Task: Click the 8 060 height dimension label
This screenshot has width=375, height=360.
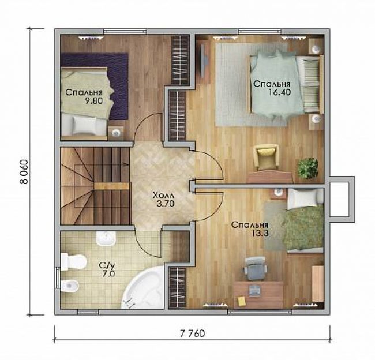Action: [24, 171]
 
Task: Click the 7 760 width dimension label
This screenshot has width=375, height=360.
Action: [192, 333]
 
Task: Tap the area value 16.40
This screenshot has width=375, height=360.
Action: [279, 92]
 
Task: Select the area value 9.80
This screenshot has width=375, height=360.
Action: [94, 100]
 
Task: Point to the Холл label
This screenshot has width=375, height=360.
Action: [164, 196]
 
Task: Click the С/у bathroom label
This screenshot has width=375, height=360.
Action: [107, 265]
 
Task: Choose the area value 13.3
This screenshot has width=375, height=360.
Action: [260, 233]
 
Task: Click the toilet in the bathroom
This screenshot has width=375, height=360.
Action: [73, 262]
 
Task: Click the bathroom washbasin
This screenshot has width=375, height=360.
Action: [106, 238]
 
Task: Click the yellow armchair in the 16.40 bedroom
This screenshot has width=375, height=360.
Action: [266, 157]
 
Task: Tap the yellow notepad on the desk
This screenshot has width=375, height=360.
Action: [241, 301]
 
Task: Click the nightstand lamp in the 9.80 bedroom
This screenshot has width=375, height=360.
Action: [116, 133]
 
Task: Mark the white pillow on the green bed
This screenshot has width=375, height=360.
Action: [302, 198]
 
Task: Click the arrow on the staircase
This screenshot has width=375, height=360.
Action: [126, 164]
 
